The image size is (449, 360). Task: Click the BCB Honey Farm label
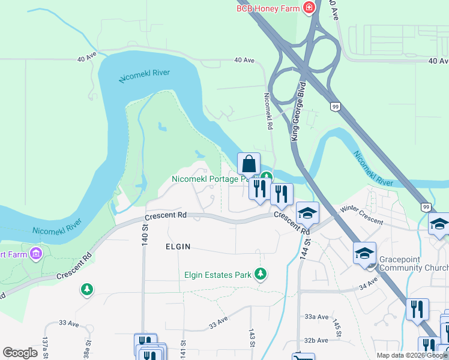click(268, 8)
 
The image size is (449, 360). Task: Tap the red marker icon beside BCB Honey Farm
click(309, 8)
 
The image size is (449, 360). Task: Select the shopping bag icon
click(249, 163)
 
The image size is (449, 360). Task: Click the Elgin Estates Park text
click(217, 275)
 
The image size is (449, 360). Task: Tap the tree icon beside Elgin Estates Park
click(261, 274)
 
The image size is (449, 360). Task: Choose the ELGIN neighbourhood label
click(178, 247)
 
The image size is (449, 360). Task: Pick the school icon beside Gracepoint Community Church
click(364, 253)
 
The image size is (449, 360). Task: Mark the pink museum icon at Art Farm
click(35, 253)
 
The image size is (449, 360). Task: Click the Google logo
click(20, 353)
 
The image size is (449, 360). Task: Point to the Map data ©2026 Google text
click(412, 355)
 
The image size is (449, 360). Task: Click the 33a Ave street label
click(317, 317)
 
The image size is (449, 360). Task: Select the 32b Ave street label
click(317, 340)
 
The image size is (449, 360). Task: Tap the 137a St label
click(45, 347)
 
